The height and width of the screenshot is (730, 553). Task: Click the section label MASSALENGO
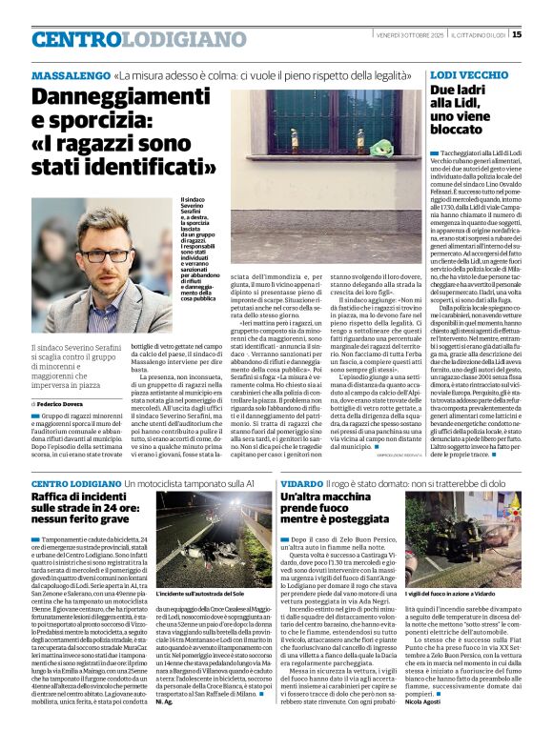(70, 75)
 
